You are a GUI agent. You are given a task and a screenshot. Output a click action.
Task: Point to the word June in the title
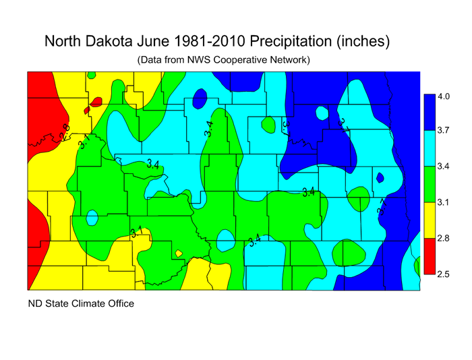tap(163, 41)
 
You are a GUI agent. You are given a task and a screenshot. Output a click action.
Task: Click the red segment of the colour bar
tap(427, 256)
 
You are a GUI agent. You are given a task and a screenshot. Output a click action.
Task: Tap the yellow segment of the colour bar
tap(427, 220)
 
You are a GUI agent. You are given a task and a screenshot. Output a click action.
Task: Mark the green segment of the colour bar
tap(427, 184)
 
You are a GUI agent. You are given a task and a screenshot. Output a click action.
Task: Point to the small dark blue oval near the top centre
tap(200, 99)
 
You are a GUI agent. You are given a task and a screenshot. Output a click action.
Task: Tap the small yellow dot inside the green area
tap(179, 253)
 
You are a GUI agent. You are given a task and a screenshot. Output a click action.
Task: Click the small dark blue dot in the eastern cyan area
tap(380, 178)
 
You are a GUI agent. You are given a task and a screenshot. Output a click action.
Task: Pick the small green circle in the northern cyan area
tap(268, 125)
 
